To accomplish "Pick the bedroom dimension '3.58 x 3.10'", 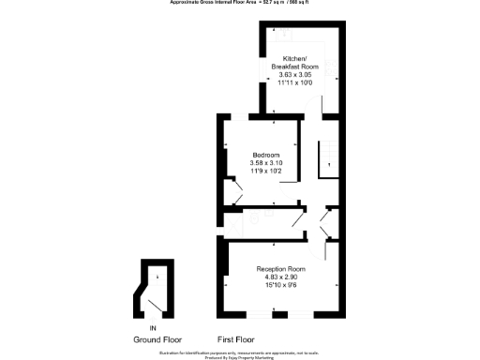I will (266, 163).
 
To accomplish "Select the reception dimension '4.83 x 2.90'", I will (281, 277).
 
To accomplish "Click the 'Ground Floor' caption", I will (157, 339).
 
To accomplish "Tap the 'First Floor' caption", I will (237, 339).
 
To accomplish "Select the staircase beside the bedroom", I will (328, 155).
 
